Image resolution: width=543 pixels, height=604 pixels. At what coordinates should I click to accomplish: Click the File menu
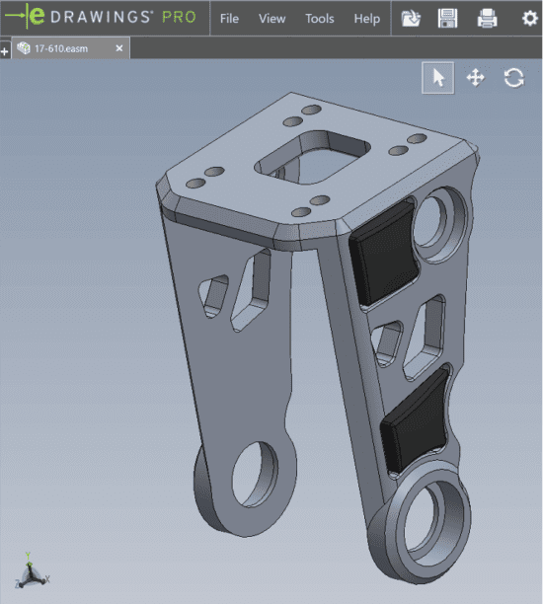[x=229, y=19]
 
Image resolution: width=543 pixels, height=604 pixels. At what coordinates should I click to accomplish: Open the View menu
[x=271, y=19]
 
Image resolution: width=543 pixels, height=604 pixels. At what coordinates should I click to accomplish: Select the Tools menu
[x=319, y=19]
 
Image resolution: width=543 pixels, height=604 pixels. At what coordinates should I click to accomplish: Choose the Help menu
[x=366, y=19]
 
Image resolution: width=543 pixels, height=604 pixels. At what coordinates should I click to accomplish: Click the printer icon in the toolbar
[x=487, y=18]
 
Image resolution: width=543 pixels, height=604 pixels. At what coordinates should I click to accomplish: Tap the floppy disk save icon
[x=448, y=18]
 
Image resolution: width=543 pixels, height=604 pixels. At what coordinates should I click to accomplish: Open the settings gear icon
[x=529, y=18]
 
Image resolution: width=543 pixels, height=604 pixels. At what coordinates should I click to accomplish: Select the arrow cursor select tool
[x=438, y=78]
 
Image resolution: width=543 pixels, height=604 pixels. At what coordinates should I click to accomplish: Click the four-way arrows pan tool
[x=475, y=78]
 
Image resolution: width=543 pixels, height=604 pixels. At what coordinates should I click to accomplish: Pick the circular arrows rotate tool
[x=512, y=78]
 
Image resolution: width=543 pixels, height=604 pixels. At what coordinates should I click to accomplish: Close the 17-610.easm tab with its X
[x=119, y=48]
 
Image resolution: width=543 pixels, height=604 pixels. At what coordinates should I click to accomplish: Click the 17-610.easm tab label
[x=62, y=48]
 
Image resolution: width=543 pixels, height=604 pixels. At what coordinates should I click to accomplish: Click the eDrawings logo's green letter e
[x=36, y=17]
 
